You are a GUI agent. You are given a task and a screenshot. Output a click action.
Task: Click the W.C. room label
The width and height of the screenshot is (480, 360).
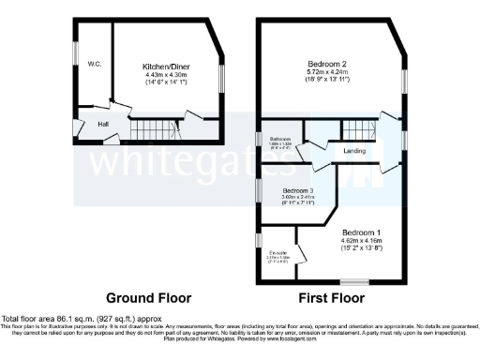pyautogui.click(x=95, y=64)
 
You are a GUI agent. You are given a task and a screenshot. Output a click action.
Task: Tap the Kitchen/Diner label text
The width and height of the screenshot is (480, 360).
pyautogui.click(x=165, y=67)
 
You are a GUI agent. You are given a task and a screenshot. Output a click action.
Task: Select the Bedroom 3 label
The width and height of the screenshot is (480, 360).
pyautogui.click(x=298, y=190)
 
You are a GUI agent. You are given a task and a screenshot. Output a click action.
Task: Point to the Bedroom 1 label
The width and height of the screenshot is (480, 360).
pyautogui.click(x=361, y=232)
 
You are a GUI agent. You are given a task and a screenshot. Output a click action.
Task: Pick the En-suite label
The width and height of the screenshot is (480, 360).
pyautogui.click(x=278, y=252)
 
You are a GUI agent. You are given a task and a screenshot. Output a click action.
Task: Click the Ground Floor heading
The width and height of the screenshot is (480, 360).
pyautogui.click(x=147, y=299)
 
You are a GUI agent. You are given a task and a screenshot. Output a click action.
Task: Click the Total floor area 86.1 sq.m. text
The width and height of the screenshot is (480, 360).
pyautogui.click(x=66, y=320)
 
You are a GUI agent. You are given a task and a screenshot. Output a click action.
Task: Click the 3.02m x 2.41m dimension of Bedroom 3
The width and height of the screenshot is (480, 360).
pyautogui.click(x=298, y=198)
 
